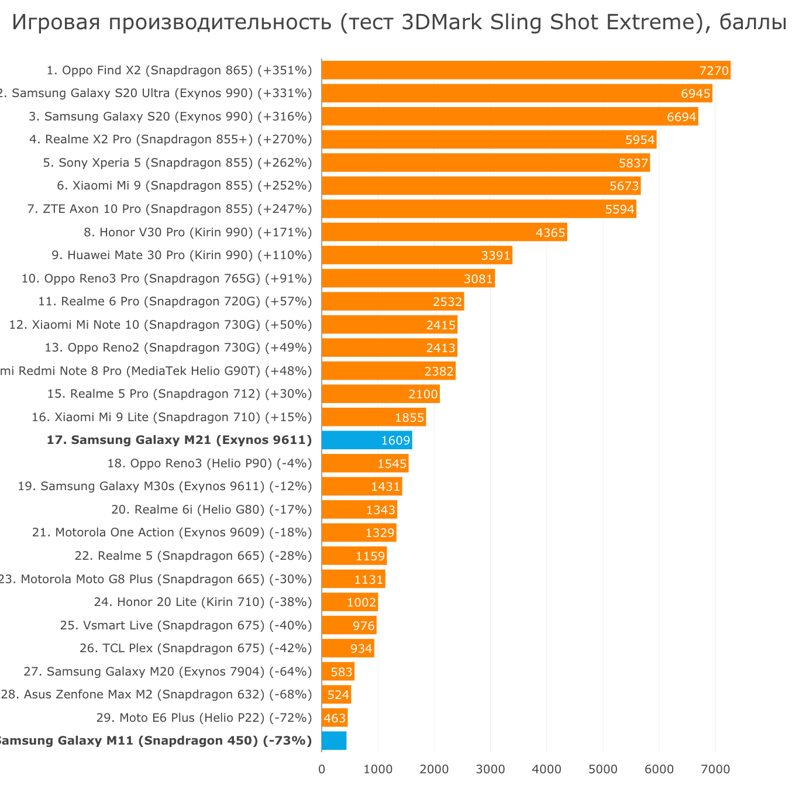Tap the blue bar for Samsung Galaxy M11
point(334,741)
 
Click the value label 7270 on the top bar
point(714,71)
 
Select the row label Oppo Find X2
point(179,70)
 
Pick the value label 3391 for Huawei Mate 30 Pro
point(495,256)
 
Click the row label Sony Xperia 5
point(178,163)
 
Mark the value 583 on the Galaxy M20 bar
point(342,671)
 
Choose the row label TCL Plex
point(195,648)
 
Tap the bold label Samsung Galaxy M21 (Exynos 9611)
point(179,440)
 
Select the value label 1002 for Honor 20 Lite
point(361,602)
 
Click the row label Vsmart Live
point(186,625)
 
